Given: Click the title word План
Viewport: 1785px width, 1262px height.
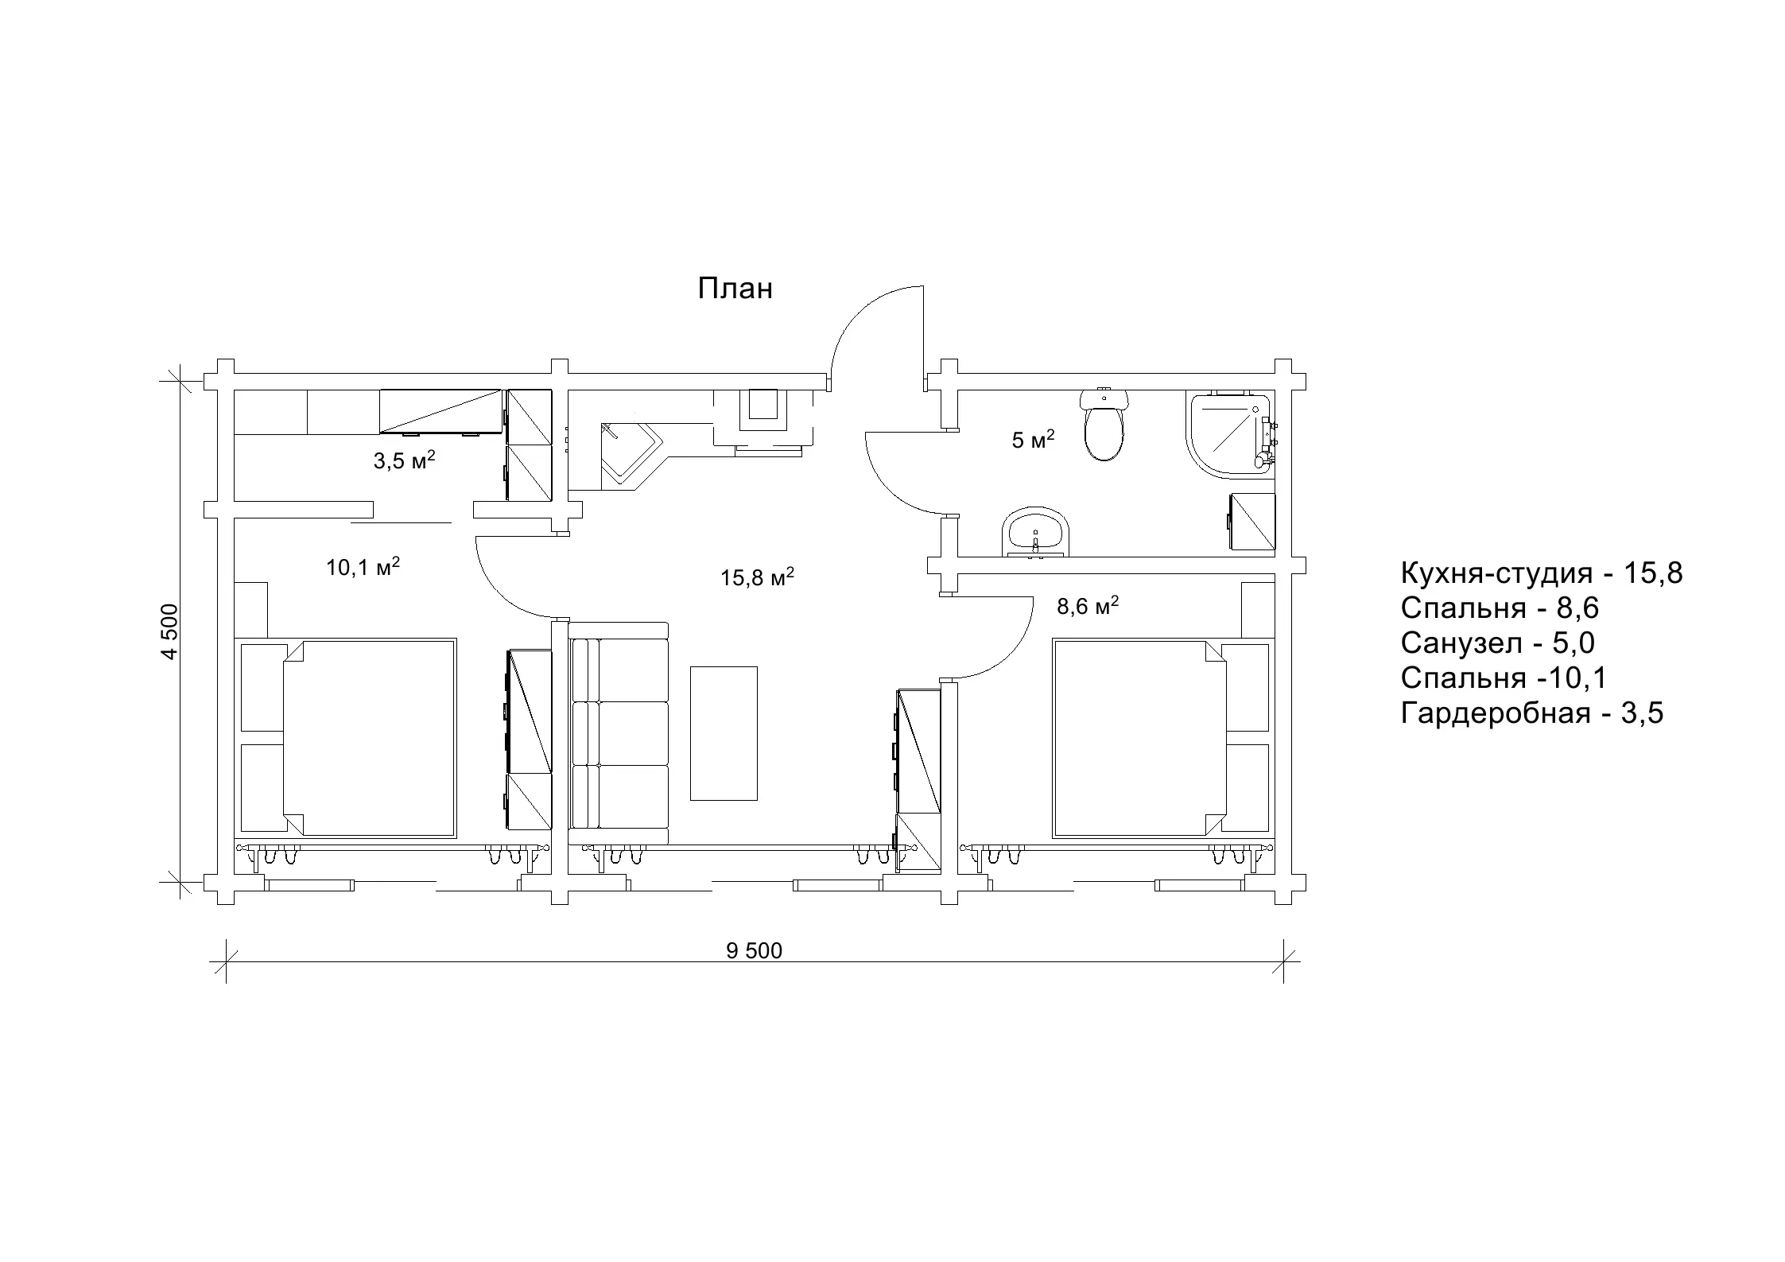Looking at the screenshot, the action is [x=735, y=289].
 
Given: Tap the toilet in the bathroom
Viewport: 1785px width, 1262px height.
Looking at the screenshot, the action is [x=1104, y=425].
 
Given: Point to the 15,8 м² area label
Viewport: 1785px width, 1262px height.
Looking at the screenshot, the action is [x=758, y=577].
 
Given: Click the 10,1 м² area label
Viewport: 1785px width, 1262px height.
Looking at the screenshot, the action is [x=363, y=567].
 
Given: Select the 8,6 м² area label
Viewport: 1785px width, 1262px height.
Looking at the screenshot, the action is [x=1088, y=606].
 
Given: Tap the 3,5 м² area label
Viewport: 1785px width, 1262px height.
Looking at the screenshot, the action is [x=405, y=460].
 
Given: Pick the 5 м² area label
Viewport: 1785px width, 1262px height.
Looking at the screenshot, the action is [x=1033, y=439].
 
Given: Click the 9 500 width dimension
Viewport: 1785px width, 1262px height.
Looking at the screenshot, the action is [x=754, y=950].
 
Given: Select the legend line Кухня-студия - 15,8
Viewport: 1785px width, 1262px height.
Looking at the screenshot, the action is [x=1542, y=573].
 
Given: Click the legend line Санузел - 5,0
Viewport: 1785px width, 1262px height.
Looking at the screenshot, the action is [x=1498, y=643].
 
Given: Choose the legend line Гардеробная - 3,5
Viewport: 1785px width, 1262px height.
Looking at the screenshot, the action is [x=1532, y=713].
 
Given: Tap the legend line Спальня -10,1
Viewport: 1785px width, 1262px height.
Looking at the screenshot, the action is [x=1504, y=678].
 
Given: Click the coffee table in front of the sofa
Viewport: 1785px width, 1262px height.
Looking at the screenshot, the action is [x=724, y=733].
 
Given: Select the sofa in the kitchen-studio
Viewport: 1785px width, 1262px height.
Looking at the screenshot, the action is [x=619, y=733].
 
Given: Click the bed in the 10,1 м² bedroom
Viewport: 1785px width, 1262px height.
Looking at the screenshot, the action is [x=347, y=737].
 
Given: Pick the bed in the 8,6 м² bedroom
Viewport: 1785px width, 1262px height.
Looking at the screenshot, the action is [x=1162, y=737].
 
